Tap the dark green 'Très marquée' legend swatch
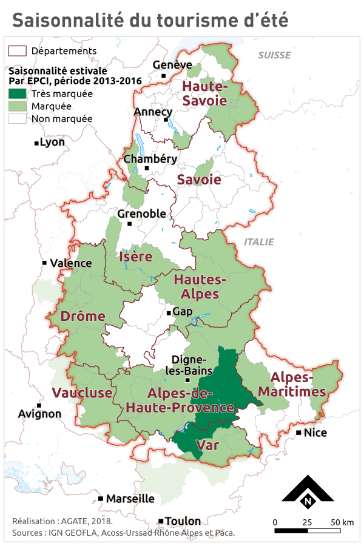pos(17,94)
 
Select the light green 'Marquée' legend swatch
pos(17,106)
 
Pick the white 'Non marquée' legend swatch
pos(17,118)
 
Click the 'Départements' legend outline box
pos(17,51)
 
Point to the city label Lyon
pos(52,143)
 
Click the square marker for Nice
pos(299,433)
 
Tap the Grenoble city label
pos(141,214)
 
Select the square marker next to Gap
pos(169,313)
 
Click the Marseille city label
pos(130,499)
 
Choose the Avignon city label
pos(40,414)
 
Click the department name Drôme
pos(83,317)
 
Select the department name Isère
pos(136,257)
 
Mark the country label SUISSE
pos(274,55)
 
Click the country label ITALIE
pos(259,242)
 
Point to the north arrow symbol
pos(308,493)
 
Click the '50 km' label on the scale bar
pos(343,522)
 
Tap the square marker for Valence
pos(45,263)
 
